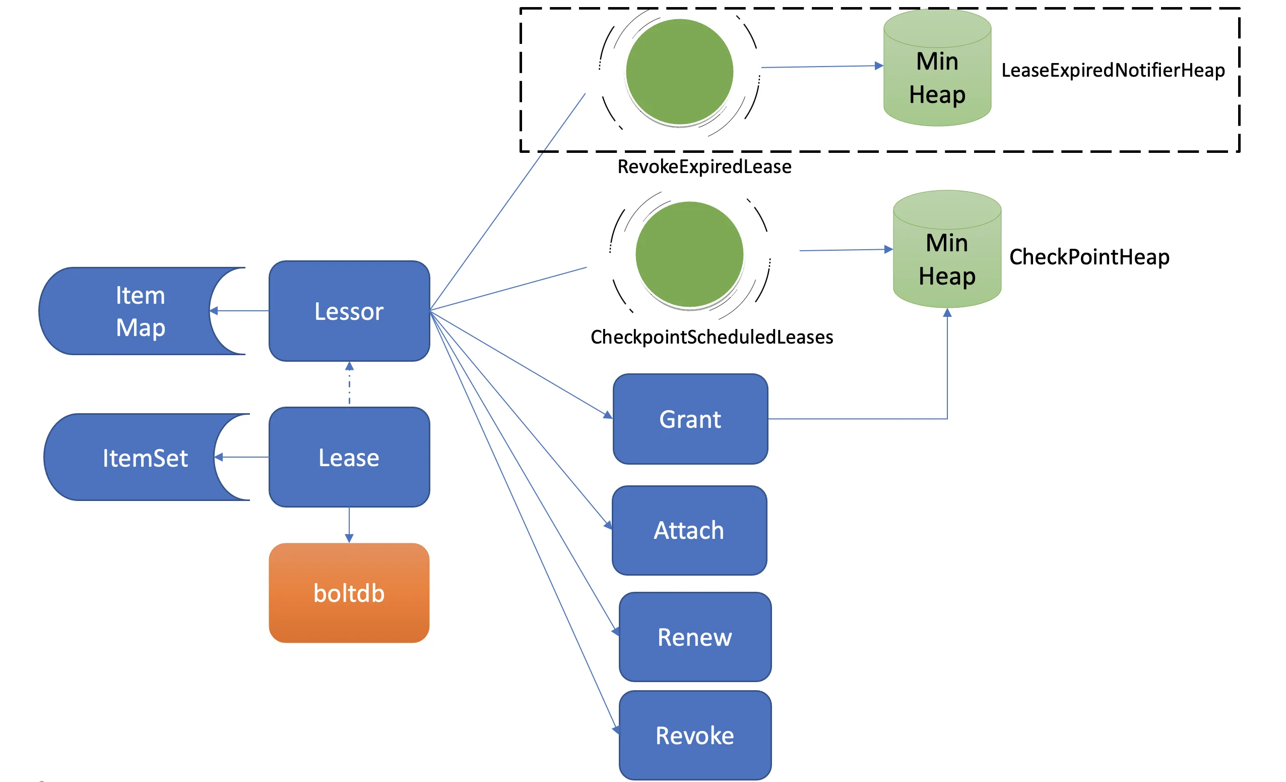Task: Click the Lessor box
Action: point(349,311)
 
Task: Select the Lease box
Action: point(349,458)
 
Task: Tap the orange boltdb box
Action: point(349,593)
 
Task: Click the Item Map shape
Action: point(131,311)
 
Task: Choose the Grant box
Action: point(690,419)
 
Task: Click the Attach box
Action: point(689,531)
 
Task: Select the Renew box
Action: point(695,637)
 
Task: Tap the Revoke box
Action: point(695,736)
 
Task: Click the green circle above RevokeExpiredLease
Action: point(679,72)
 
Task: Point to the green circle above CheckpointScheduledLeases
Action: point(689,254)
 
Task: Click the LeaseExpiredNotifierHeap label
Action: point(1113,71)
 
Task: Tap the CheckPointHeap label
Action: point(1089,257)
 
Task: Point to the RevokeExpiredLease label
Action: point(704,166)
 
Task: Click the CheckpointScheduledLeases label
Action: point(712,338)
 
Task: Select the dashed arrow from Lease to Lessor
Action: point(349,384)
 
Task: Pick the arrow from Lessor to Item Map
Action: point(240,311)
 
